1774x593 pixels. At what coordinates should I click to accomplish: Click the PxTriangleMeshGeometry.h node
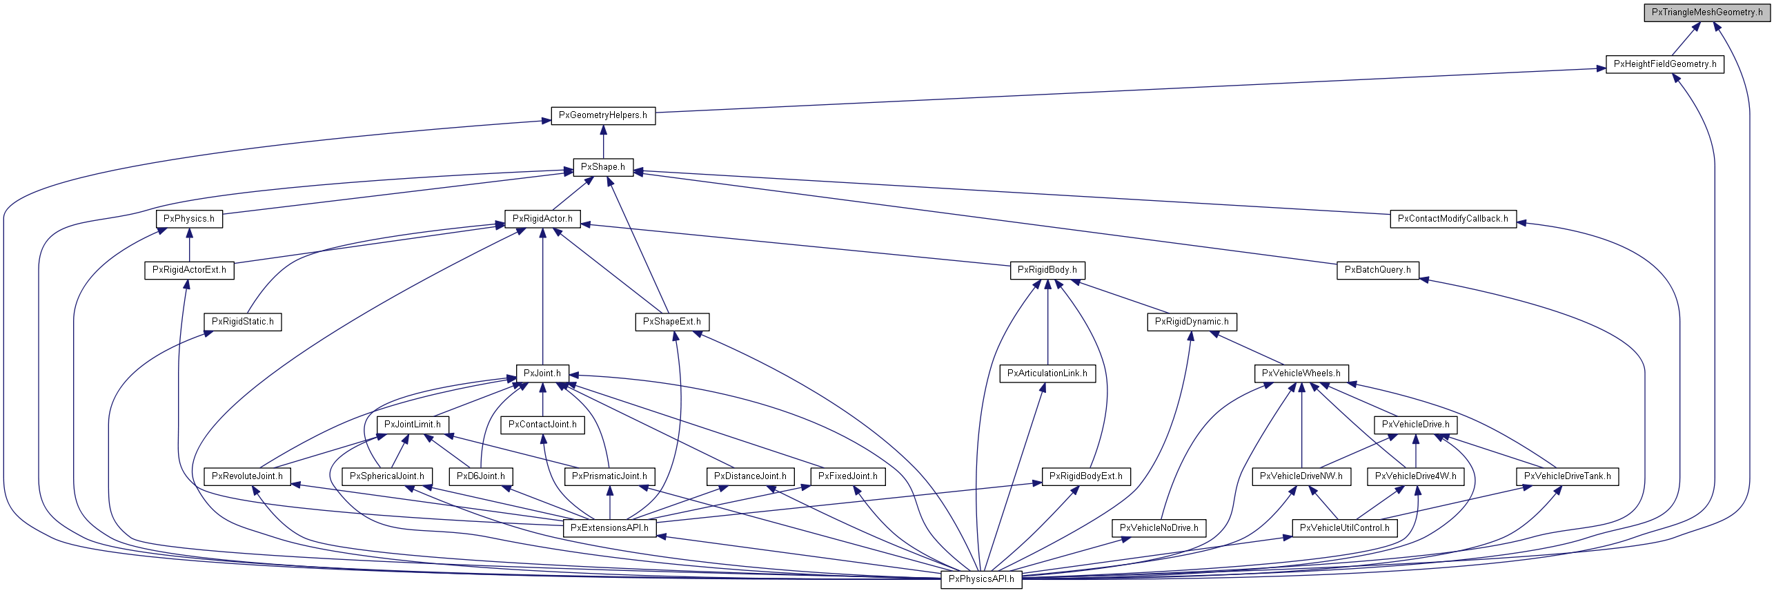(x=1706, y=12)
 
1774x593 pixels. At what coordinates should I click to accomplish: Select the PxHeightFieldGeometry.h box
(x=1664, y=64)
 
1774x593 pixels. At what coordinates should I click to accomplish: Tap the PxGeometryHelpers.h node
(x=602, y=115)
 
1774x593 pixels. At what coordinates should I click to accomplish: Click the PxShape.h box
(x=602, y=167)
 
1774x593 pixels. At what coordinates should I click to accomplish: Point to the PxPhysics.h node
(x=188, y=219)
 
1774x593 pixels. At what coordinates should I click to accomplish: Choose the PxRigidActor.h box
(x=542, y=219)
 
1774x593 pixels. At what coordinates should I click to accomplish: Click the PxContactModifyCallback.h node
(x=1452, y=219)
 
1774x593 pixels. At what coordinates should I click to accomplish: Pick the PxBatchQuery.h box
(x=1377, y=270)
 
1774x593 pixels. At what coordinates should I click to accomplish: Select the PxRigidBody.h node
(x=1047, y=270)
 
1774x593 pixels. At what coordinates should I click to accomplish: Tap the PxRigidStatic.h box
(x=242, y=322)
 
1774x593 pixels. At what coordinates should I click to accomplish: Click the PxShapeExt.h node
(x=671, y=322)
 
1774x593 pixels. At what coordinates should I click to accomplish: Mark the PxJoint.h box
(x=542, y=373)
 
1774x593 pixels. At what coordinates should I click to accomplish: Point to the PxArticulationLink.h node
(x=1047, y=373)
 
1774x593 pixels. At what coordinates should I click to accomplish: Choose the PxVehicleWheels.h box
(x=1301, y=373)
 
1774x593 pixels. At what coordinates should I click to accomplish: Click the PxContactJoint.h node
(x=542, y=425)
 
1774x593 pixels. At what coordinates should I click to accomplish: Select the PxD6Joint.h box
(x=480, y=476)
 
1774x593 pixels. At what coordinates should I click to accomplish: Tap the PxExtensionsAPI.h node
(x=609, y=528)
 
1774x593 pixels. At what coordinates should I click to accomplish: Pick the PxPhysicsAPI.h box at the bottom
(x=980, y=579)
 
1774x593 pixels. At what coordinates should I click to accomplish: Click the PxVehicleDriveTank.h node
(x=1567, y=476)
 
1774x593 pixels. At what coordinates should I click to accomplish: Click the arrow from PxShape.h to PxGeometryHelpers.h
(x=603, y=142)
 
